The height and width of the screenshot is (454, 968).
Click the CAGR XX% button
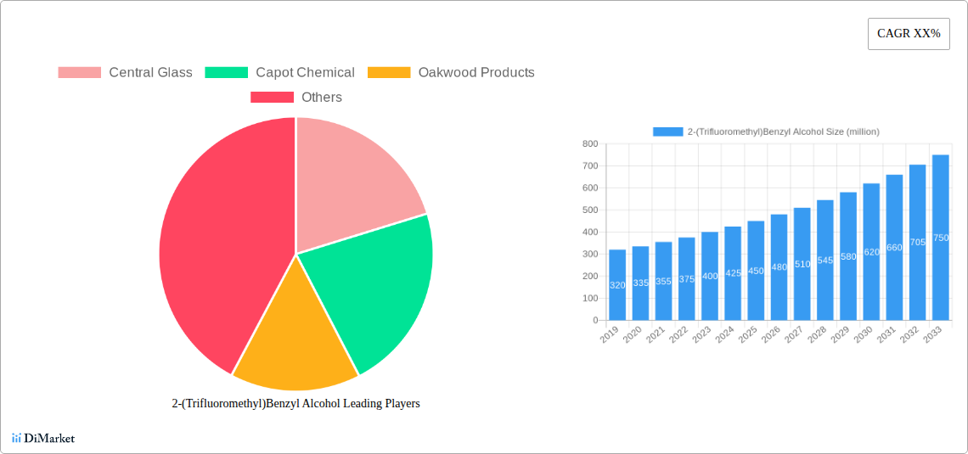[909, 34]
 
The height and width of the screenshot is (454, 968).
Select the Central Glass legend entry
[125, 73]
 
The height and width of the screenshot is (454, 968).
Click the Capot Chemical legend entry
[280, 73]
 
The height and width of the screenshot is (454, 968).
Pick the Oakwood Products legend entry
[451, 73]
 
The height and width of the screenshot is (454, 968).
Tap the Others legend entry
[295, 98]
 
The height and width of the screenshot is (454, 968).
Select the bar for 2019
[617, 285]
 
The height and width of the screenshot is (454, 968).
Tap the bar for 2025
[756, 271]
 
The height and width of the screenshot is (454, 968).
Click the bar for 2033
[940, 238]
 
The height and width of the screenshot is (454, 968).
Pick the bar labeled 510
[802, 264]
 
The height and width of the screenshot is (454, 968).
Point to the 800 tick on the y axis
[589, 144]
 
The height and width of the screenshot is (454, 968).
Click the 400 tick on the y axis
[589, 233]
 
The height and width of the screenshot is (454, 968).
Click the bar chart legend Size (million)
[766, 132]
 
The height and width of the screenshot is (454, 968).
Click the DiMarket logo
[43, 439]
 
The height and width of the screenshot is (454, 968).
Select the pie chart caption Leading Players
[295, 404]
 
